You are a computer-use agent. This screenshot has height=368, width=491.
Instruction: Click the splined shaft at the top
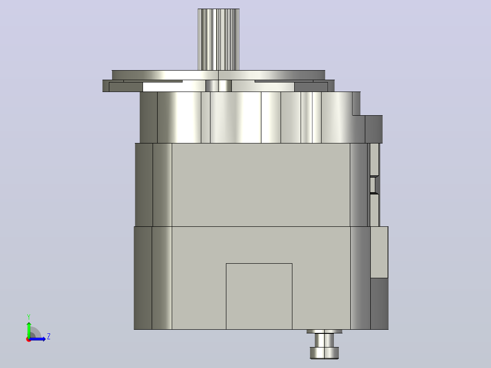click(219, 40)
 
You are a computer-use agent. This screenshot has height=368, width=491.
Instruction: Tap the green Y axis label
click(29, 317)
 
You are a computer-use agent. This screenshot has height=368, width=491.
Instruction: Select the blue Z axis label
click(49, 337)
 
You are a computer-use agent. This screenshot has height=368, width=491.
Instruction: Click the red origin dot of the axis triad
click(29, 339)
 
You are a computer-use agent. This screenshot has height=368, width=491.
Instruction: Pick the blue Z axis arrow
click(37, 339)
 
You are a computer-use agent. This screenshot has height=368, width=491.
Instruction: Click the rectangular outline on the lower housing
click(259, 296)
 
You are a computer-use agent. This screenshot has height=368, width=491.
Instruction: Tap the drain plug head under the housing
click(324, 353)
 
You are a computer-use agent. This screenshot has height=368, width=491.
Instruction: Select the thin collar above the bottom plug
click(324, 332)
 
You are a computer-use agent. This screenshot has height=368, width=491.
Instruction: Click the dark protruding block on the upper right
click(373, 129)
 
